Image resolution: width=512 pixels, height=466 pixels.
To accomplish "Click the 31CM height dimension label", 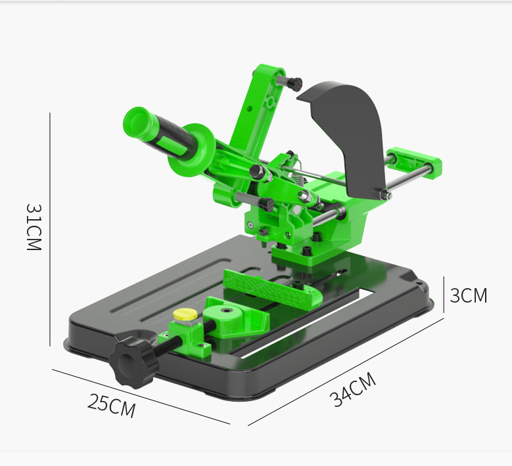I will click(34, 226).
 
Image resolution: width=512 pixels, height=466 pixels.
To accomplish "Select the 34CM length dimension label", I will click(353, 390).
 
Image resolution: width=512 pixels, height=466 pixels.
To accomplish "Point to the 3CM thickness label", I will click(468, 295).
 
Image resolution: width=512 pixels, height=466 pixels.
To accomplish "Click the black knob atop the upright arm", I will click(292, 84).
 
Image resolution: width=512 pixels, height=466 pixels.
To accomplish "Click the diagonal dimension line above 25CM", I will click(141, 395).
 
